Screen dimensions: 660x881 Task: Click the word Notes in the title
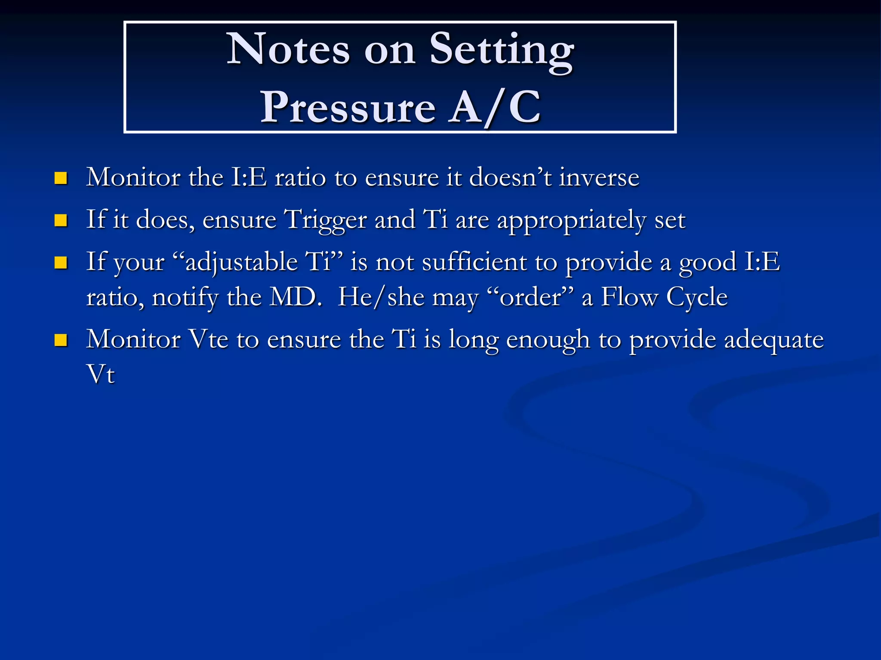(288, 50)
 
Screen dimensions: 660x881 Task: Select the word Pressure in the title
(348, 107)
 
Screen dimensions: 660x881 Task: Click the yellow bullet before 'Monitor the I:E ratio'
(61, 178)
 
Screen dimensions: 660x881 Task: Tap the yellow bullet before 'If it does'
(61, 220)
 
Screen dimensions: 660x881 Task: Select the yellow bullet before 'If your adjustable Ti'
(61, 263)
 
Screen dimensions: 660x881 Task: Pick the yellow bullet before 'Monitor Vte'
(61, 340)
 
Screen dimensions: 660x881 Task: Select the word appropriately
(571, 220)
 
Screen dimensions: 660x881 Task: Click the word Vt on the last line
(101, 374)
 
